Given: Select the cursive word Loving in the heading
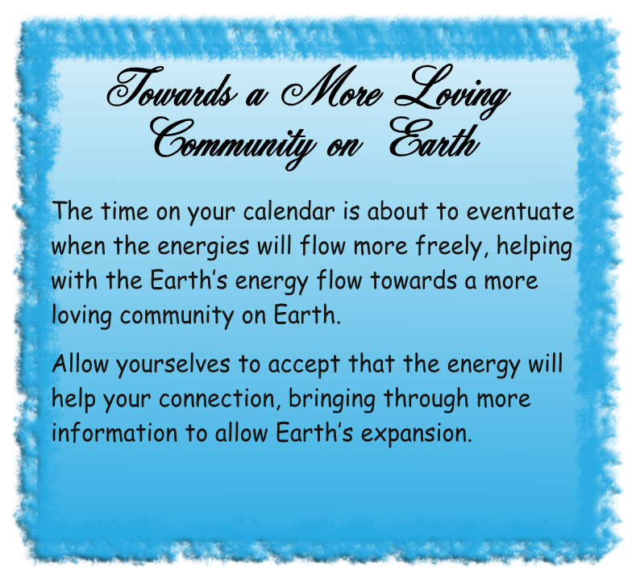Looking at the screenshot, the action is click(x=451, y=91).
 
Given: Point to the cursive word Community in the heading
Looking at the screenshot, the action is click(x=233, y=142).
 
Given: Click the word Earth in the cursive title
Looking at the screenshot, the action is click(x=434, y=137).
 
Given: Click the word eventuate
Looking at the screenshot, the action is click(x=521, y=211).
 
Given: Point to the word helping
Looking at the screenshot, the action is click(x=534, y=247).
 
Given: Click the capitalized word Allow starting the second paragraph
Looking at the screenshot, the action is click(x=81, y=363).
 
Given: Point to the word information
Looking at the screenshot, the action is click(x=114, y=432).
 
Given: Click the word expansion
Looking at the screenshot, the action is click(x=417, y=434).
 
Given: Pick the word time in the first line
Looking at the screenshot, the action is click(x=125, y=211).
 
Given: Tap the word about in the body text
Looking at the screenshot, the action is click(x=397, y=211).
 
